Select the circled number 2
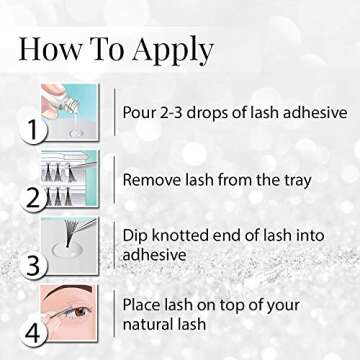pyautogui.click(x=35, y=197)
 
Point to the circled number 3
pyautogui.click(x=35, y=266)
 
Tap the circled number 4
pyautogui.click(x=35, y=334)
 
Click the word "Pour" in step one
pyautogui.click(x=141, y=110)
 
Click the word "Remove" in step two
pyautogui.click(x=153, y=180)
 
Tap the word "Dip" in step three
pyautogui.click(x=137, y=235)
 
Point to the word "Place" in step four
pyautogui.click(x=144, y=303)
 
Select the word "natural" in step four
pyautogui.click(x=152, y=324)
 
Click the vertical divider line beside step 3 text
pyautogui.click(x=114, y=246)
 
